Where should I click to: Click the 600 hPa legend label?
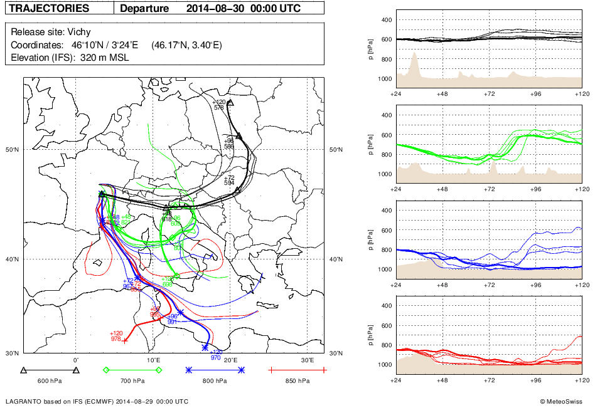point(49,380)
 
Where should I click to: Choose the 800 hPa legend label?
point(214,380)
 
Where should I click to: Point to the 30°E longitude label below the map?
point(307,360)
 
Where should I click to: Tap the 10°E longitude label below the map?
point(153,360)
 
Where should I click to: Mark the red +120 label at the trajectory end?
point(116,333)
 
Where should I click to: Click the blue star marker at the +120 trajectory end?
point(205,347)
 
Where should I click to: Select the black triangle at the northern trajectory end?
point(230,102)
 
